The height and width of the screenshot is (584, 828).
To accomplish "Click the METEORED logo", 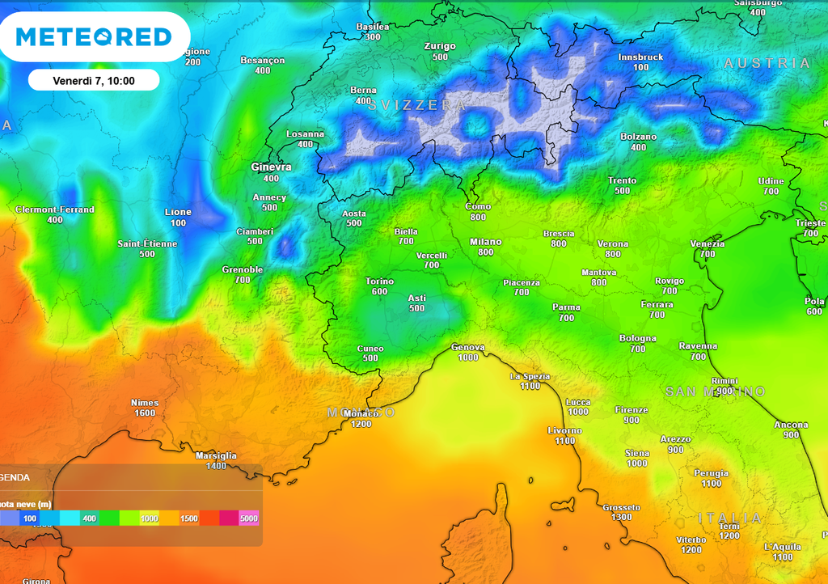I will click(94, 37).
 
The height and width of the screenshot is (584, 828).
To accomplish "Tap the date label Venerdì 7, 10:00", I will click(94, 81).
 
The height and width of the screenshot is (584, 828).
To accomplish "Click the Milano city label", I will click(485, 242).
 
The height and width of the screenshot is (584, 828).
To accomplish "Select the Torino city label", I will click(379, 281).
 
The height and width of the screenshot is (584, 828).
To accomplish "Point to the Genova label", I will click(468, 348).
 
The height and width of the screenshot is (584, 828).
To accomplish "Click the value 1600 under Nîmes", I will click(145, 413).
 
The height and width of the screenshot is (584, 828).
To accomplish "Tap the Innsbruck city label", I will click(640, 57).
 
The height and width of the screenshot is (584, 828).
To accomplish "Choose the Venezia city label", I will click(707, 244).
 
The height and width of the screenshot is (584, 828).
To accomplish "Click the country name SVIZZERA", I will click(417, 106).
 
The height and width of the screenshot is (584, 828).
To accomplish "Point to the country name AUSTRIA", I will click(767, 63).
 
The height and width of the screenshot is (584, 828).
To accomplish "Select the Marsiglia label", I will click(216, 456).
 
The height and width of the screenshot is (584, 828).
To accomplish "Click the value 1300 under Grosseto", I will click(621, 518).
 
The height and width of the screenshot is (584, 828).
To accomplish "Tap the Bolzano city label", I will click(638, 137).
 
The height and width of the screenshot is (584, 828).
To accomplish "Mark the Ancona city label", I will click(791, 425).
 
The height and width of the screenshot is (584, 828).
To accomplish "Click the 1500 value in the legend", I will click(189, 518).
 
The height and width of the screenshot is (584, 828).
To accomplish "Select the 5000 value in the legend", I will click(248, 518).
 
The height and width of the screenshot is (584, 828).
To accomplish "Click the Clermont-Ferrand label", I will click(55, 209).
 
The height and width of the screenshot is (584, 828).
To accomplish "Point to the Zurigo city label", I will click(440, 46).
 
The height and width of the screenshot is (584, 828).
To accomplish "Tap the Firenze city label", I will click(632, 410).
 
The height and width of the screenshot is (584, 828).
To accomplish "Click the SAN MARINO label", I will click(715, 391).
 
